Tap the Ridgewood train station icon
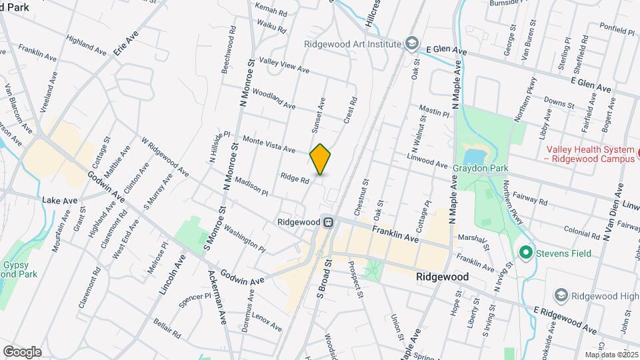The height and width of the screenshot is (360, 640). point(327,223)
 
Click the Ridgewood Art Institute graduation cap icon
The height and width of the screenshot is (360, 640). point(413,44)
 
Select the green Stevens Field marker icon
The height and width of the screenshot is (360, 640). point(526,253)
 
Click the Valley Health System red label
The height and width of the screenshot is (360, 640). point(590,155)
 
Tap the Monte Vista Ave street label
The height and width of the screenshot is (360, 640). point(269,143)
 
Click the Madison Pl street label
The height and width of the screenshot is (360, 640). point(251,186)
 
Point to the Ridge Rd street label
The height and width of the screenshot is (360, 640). point(295,179)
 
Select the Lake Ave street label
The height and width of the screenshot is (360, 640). point(60,200)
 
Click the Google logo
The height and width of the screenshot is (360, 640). point(22,351)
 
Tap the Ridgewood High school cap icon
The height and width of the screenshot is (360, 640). point(561,294)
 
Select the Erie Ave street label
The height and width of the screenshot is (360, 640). point(129,42)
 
